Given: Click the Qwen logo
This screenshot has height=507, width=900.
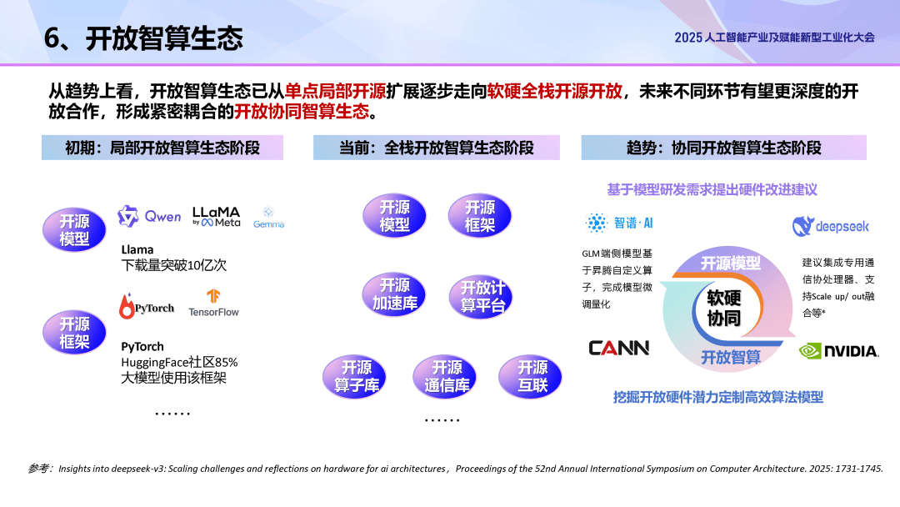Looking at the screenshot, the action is tap(149, 217).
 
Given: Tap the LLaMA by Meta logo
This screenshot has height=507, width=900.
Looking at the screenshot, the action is tap(217, 217).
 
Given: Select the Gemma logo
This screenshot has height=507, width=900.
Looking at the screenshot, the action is tap(268, 218).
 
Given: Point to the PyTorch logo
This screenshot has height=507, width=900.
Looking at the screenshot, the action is tap(147, 306).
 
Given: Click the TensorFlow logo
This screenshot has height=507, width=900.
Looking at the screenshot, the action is tap(213, 304).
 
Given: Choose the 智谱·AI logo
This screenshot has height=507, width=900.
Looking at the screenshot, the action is tap(618, 223).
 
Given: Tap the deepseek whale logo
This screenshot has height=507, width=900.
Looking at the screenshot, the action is tap(831, 226).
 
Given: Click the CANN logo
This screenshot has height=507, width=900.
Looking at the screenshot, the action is tap(618, 348).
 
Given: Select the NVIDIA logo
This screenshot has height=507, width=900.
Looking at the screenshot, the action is tap(838, 351).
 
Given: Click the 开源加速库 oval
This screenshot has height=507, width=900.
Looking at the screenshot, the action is tap(394, 294).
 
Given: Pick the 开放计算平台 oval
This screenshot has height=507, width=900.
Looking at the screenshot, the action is tap(481, 296).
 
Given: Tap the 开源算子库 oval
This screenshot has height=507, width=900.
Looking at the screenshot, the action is tap(355, 376).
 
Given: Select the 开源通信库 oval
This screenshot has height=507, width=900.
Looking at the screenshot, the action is tap(445, 376).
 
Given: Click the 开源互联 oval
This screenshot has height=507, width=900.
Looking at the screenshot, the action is tap(530, 376).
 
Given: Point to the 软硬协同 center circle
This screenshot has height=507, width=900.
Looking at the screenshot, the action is tap(724, 309).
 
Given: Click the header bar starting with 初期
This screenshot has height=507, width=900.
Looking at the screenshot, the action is tap(162, 148).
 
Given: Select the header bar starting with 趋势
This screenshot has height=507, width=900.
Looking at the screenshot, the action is tap(724, 148).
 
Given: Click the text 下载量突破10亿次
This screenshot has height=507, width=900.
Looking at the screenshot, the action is tap(174, 265).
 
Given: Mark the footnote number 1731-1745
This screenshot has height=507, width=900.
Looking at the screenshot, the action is tap(858, 469).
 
